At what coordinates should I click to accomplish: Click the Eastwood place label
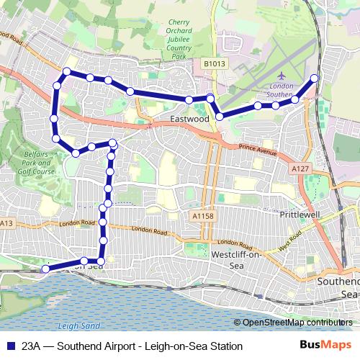pos(189,118)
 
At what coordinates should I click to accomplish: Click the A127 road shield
pos(301,168)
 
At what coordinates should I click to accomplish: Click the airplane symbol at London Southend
pos(280,76)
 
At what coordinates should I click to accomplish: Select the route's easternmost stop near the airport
pos(314,78)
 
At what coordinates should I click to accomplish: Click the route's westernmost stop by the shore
pos(45,269)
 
